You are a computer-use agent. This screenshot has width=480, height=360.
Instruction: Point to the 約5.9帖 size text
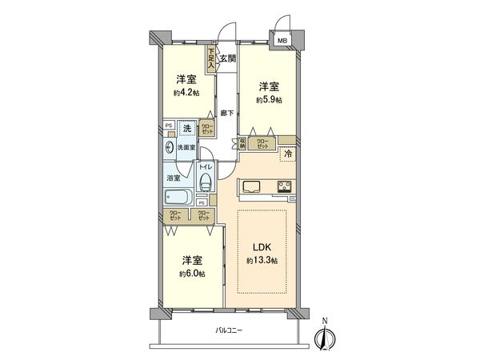click(268, 100)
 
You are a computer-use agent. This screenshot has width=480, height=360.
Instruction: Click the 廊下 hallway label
click(228, 113)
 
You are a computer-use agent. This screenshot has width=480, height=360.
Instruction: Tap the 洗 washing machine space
click(186, 129)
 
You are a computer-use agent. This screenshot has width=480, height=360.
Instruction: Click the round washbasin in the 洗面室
click(170, 147)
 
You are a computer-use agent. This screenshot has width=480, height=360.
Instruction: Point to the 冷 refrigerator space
click(287, 152)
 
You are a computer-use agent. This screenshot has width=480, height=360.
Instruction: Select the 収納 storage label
click(242, 144)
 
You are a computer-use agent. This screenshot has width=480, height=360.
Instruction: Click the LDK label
click(262, 248)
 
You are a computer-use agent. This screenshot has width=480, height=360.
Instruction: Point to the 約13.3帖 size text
click(262, 262)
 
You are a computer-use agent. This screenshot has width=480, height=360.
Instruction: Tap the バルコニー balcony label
click(228, 331)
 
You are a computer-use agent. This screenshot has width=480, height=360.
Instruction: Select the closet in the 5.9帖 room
click(262, 143)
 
